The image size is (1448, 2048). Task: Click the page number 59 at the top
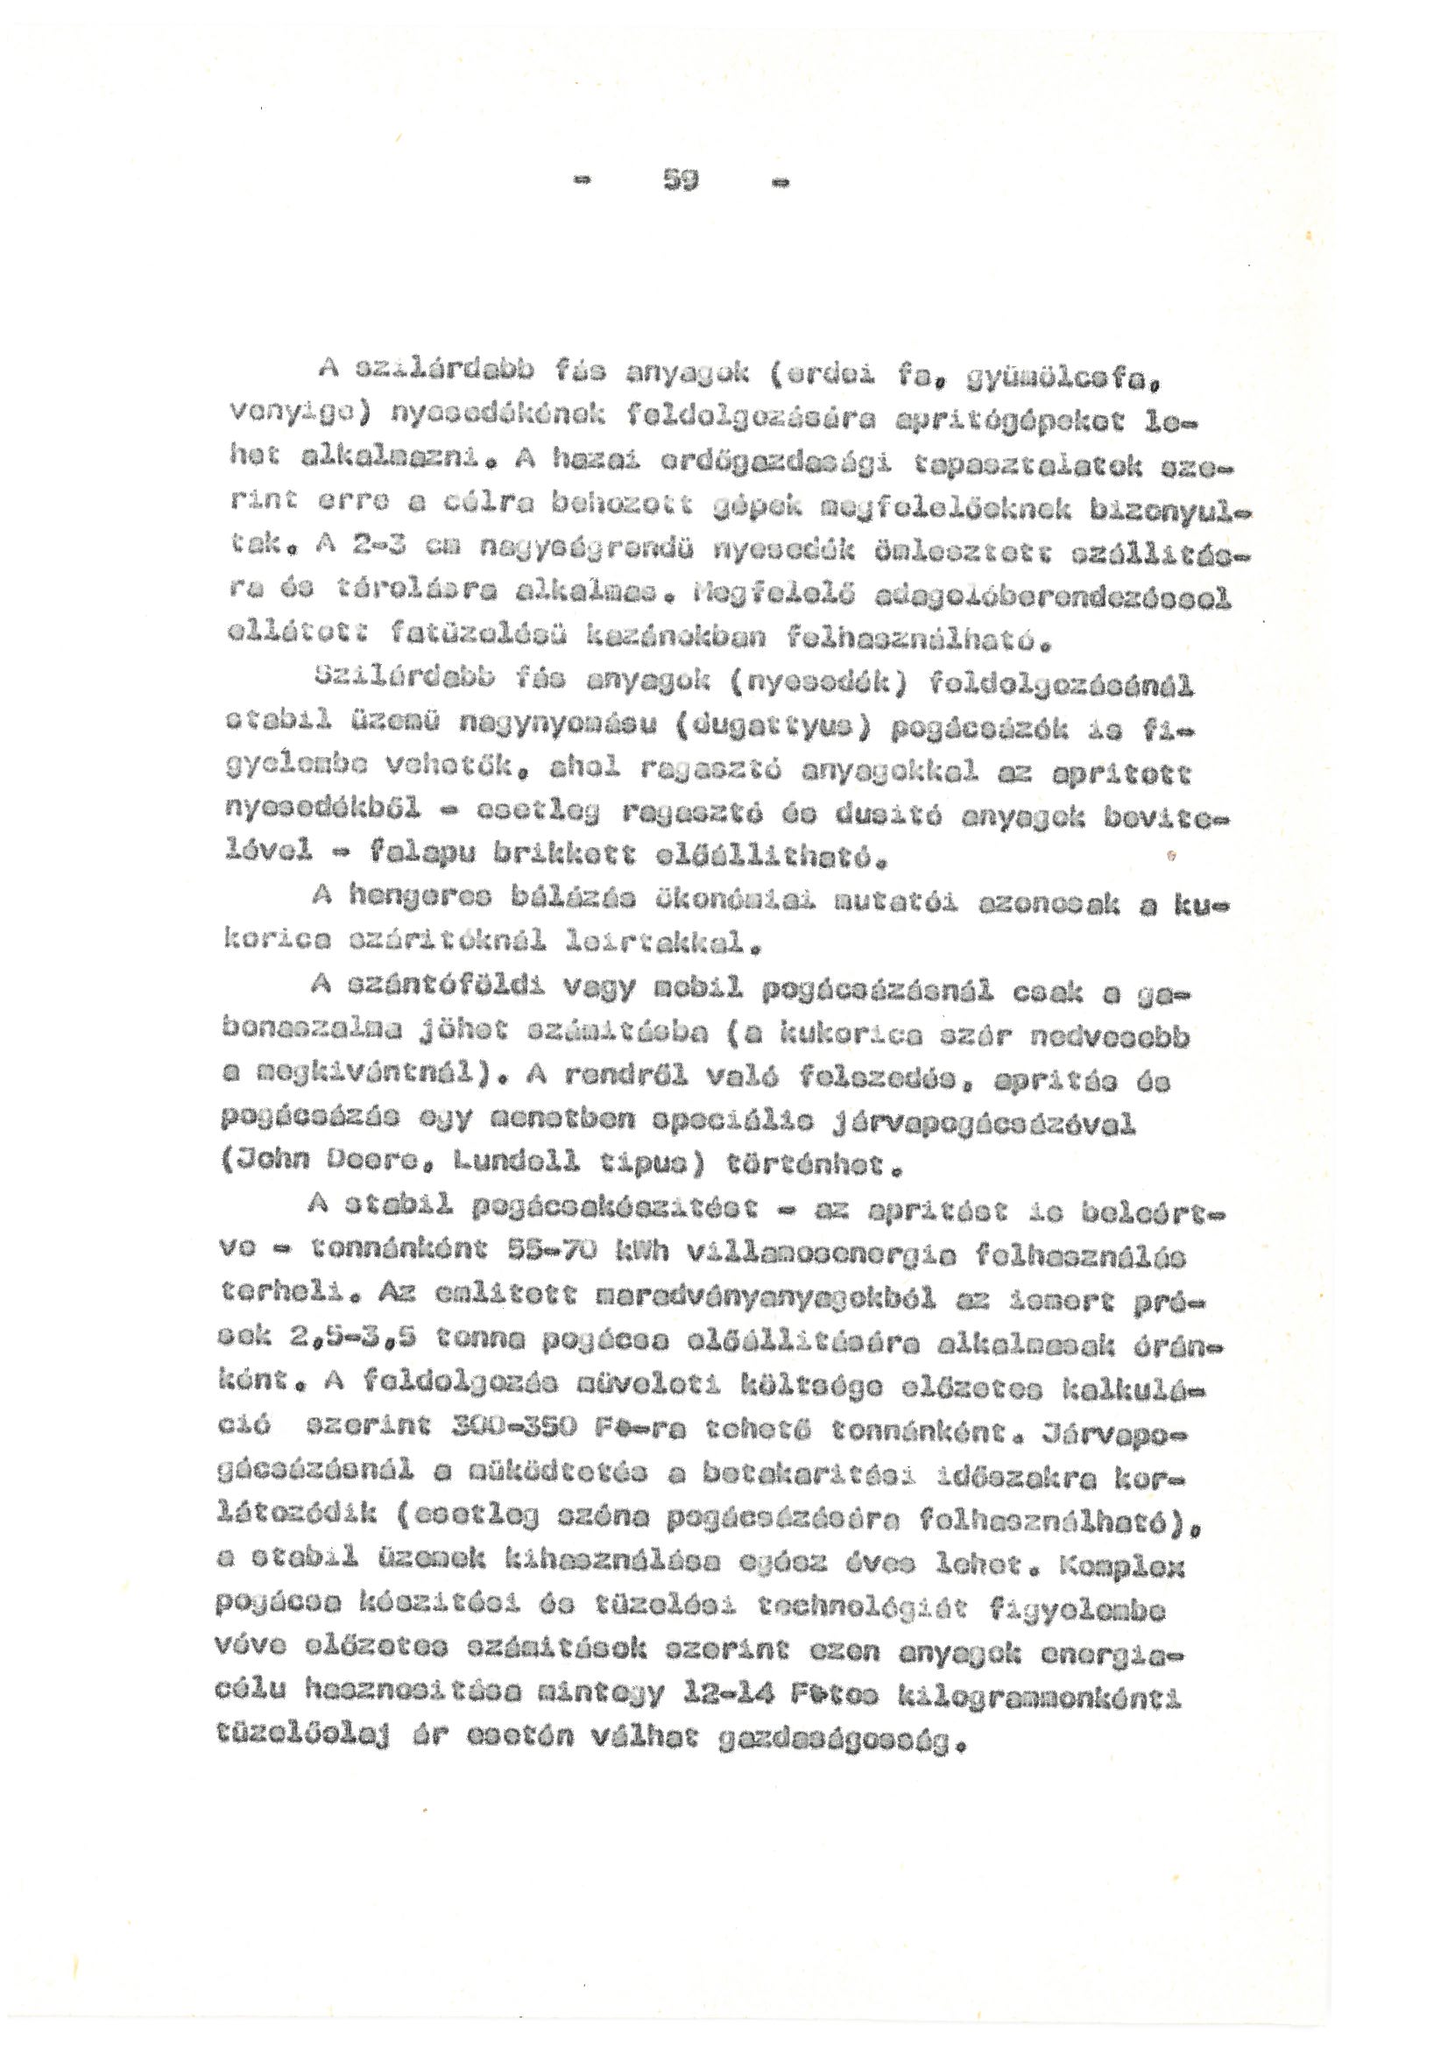(682, 181)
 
